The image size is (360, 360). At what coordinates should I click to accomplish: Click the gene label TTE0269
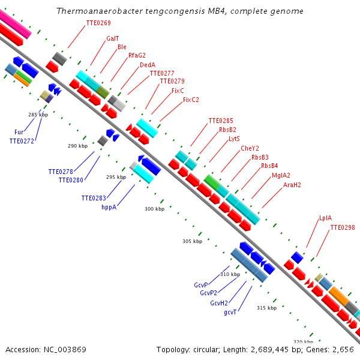click(98, 23)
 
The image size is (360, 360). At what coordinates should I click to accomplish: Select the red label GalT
click(112, 38)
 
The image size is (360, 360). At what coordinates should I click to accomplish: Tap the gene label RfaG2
click(137, 55)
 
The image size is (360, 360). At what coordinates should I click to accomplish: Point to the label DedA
click(148, 65)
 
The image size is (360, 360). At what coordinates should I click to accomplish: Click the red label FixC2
click(191, 100)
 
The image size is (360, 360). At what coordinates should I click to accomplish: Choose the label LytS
click(234, 139)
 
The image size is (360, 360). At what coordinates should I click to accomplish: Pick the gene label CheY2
click(250, 148)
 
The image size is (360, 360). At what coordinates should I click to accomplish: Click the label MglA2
click(281, 175)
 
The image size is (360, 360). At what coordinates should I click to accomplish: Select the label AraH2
click(292, 185)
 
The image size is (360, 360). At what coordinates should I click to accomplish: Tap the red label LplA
click(325, 218)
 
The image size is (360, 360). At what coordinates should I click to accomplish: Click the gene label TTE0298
click(343, 227)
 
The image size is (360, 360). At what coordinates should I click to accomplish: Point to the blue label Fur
click(19, 132)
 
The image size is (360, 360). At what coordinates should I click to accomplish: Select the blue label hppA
click(109, 207)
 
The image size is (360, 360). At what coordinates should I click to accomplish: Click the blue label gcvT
click(230, 312)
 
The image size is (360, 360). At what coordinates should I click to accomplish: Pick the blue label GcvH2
click(218, 303)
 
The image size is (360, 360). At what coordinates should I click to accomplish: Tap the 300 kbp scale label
click(154, 209)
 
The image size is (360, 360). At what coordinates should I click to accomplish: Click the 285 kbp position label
click(38, 114)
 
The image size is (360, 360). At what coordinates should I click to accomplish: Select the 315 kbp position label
click(266, 308)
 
